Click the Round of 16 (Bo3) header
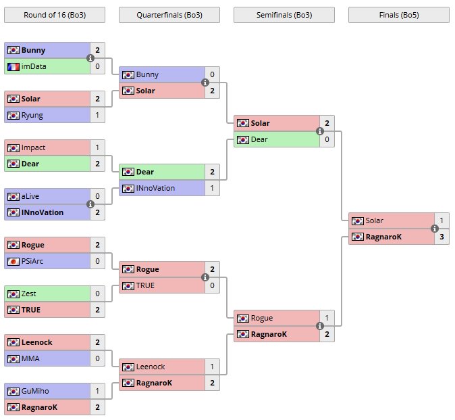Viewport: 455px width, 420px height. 55,15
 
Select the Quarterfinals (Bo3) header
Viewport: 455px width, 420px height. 169,15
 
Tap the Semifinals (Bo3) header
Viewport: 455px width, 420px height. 284,15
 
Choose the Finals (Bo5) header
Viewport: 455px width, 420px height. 399,15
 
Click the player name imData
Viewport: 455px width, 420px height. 34,66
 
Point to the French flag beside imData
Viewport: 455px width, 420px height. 13,66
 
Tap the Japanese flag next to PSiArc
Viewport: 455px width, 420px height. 13,261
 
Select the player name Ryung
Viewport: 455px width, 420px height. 32,115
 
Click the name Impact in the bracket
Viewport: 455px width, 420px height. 34,147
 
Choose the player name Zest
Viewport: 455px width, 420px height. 29,294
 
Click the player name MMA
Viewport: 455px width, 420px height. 30,358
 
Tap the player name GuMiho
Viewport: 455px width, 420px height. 35,391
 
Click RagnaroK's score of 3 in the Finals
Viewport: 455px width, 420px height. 441,237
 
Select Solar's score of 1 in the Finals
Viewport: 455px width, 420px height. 441,220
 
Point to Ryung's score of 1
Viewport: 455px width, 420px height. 97,115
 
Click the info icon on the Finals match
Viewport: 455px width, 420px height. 434,229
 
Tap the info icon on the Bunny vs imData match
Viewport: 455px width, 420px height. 90,58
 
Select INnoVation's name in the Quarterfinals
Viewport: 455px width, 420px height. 156,188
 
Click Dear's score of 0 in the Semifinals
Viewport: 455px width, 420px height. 327,139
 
